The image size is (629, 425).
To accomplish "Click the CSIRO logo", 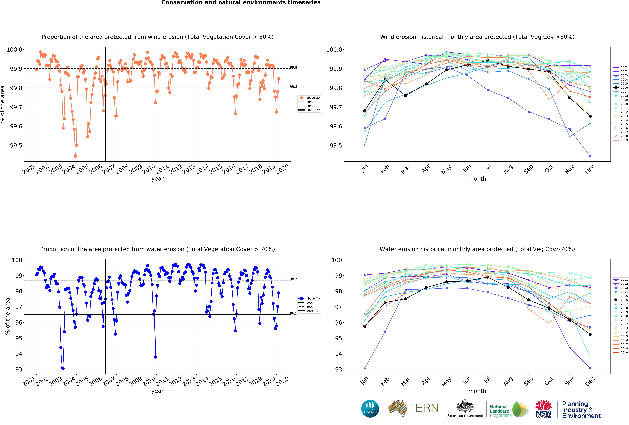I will coord(370,408).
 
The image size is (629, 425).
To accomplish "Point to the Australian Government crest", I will coord(465,406).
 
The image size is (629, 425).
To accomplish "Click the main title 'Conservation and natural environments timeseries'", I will coord(241,3).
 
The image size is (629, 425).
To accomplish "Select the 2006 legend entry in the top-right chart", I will coord(622,88).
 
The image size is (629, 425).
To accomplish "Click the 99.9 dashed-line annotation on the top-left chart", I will coord(293,67).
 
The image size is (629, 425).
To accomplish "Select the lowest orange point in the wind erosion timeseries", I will coord(75,156).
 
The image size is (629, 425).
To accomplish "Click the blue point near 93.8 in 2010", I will coord(155,357).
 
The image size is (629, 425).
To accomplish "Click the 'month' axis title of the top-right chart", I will coord(477,179).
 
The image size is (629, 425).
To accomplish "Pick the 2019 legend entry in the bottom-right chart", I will coord(622,352).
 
